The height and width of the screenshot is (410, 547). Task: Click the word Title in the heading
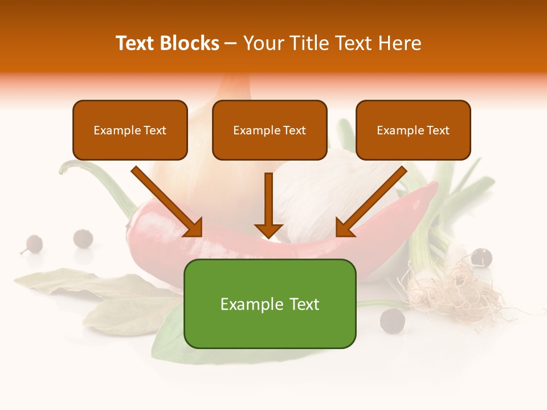309,43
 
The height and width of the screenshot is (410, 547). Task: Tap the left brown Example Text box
130,130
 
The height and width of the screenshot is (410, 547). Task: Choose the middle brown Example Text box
270,130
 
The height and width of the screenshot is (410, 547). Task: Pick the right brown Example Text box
413,130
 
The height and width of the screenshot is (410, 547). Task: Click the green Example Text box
270,304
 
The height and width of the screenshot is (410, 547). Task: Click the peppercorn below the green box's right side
392,319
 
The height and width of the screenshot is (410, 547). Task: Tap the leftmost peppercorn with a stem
32,244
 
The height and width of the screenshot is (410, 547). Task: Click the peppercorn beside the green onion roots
481,257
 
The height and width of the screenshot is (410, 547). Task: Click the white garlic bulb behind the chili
319,194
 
